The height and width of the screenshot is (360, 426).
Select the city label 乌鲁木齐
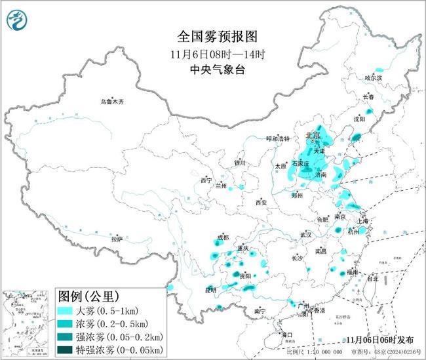pyautogui.click(x=111, y=102)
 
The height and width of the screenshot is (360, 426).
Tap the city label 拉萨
pyautogui.click(x=117, y=239)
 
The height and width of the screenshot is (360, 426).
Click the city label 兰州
pyautogui.click(x=222, y=186)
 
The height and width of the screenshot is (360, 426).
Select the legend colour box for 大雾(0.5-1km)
pyautogui.click(x=69, y=310)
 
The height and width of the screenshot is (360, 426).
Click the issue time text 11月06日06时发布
pyautogui.click(x=380, y=340)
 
